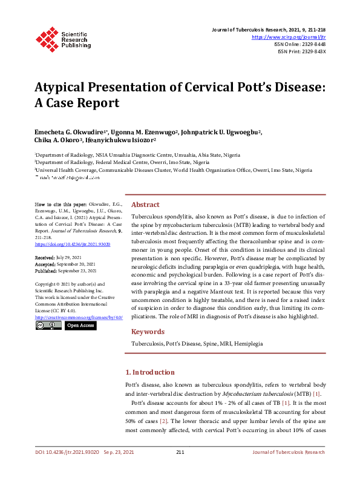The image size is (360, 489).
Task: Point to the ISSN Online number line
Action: (299, 44)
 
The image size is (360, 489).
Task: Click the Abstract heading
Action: (145, 205)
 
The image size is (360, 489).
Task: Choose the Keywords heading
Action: (148, 332)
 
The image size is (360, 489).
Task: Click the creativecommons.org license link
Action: (79, 317)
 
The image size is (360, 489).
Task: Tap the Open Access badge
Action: (80, 326)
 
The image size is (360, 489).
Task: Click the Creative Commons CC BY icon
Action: (48, 326)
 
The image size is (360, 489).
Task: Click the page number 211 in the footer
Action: (180, 469)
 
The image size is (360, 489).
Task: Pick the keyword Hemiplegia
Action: (249, 343)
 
